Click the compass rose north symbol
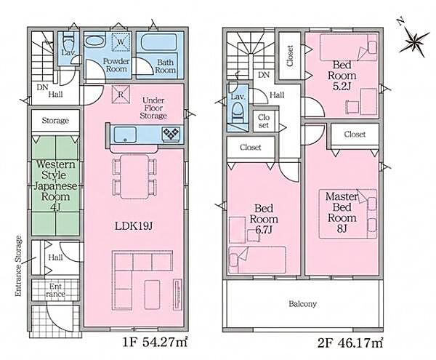(413, 39)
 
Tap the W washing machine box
(121, 42)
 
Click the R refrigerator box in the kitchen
(121, 95)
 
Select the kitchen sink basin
(125, 135)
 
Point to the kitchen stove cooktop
(171, 135)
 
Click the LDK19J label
(134, 226)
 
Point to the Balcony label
(302, 303)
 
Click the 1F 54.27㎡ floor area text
(155, 343)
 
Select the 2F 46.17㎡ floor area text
(350, 343)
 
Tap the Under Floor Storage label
(153, 108)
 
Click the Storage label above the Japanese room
(55, 121)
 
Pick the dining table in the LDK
(134, 177)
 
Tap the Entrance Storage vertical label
(18, 266)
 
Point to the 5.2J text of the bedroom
(342, 87)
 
